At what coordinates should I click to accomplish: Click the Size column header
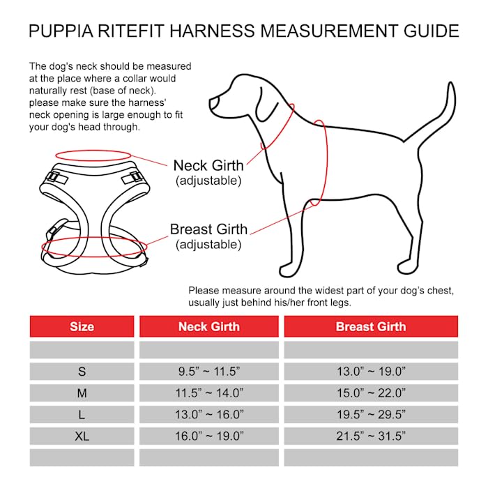[82, 326]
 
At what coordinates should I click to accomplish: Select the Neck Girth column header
[208, 326]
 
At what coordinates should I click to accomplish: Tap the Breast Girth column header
[370, 326]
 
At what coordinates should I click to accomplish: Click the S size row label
[82, 371]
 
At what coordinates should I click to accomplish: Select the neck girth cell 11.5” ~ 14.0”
[208, 393]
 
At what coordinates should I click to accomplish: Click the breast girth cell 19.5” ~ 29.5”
[370, 415]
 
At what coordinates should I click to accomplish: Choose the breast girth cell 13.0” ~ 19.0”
[370, 371]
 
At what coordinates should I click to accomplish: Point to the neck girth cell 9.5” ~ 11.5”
[208, 371]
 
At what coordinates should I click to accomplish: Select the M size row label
[82, 393]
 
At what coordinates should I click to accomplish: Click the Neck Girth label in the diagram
[208, 166]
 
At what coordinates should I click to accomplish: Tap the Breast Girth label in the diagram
[208, 229]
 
